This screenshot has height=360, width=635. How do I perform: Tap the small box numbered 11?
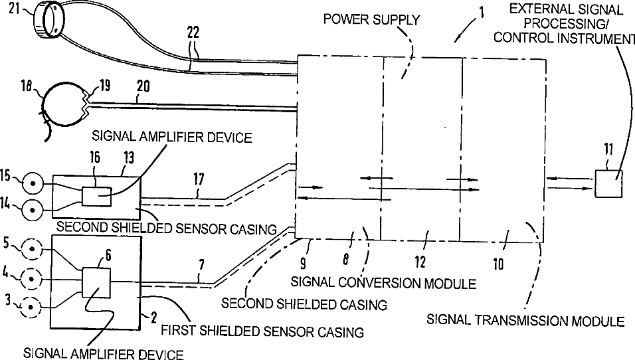[x=608, y=183]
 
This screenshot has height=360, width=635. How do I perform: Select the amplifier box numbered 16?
[x=96, y=197]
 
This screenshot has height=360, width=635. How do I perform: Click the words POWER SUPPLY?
[x=371, y=19]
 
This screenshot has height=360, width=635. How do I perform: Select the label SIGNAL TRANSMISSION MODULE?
[x=525, y=321]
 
